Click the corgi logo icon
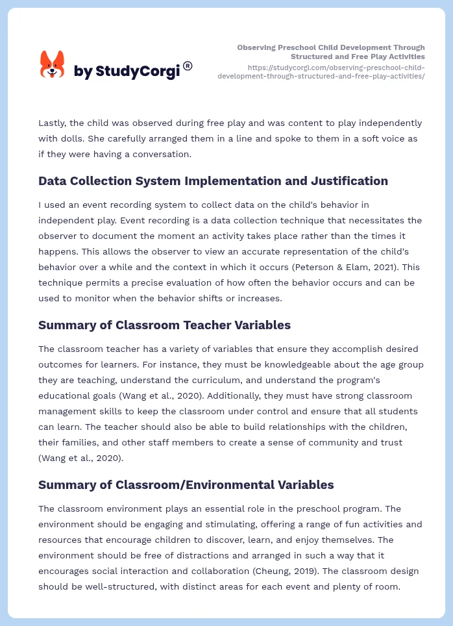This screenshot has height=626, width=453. pos(52,65)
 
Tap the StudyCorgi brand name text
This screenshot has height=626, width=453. pos(127,71)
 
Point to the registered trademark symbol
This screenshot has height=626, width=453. pos(188,65)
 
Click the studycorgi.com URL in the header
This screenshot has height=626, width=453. pos(321,71)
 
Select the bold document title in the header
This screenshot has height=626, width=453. pos(331,52)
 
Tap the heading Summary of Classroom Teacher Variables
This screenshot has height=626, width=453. pos(164,325)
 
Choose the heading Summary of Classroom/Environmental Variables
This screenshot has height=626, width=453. pos(186,484)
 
